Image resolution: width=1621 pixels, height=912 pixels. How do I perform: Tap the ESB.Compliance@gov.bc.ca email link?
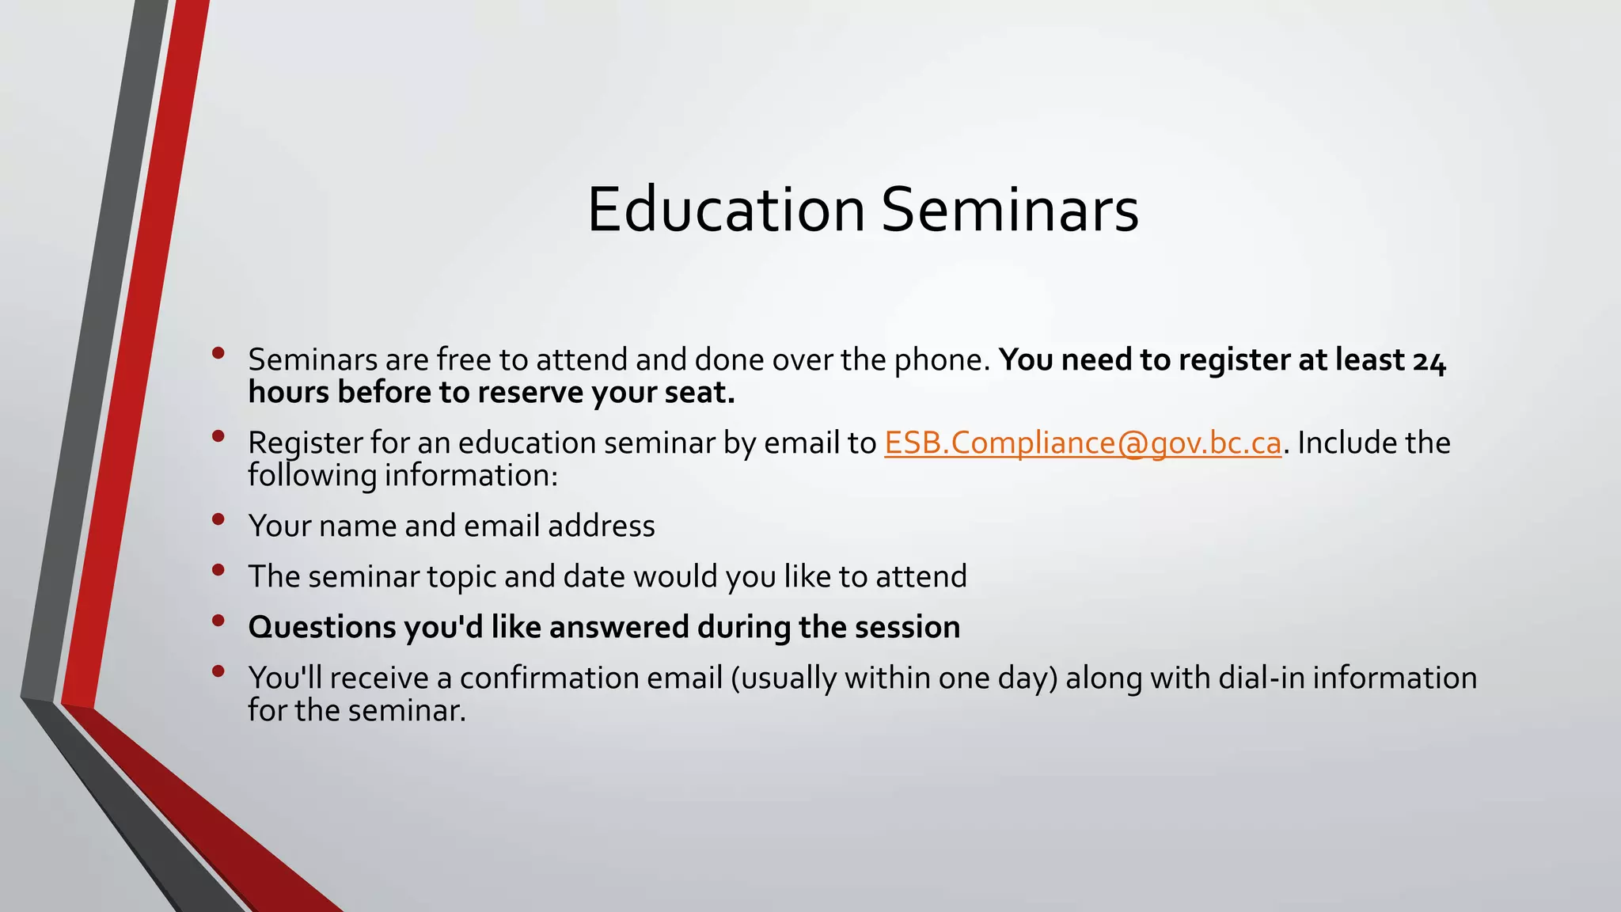coord(1082,443)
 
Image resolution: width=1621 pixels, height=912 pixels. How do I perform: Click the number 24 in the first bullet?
coord(1429,360)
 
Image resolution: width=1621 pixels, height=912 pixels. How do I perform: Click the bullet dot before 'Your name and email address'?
coord(218,519)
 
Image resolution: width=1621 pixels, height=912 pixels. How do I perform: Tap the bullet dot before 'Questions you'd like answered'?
coord(218,621)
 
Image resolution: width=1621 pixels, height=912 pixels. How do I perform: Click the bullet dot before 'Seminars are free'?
coord(218,353)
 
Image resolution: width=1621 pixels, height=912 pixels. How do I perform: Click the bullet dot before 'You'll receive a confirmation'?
coord(218,671)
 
